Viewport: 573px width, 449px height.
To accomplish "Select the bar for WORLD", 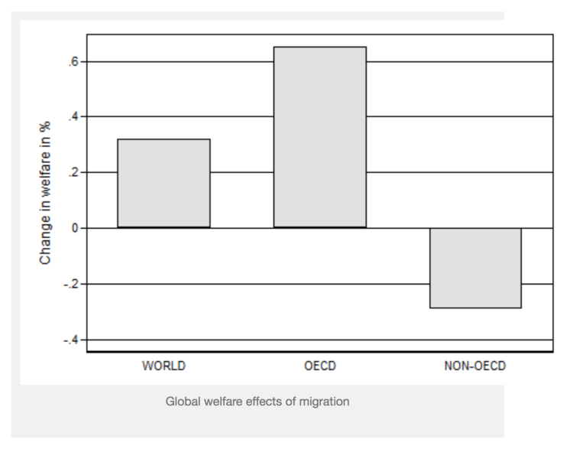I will tap(163, 184).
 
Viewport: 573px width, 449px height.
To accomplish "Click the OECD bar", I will tap(319, 138).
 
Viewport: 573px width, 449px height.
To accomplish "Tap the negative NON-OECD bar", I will tap(475, 268).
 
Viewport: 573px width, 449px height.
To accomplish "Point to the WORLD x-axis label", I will tap(163, 366).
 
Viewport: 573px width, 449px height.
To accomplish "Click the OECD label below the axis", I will tap(319, 366).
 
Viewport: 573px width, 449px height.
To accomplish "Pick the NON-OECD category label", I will tap(474, 366).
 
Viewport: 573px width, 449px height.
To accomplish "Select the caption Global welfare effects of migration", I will tap(263, 402).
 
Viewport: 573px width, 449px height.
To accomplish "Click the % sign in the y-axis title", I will tap(47, 139).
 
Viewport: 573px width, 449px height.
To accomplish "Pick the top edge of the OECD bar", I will tap(319, 47).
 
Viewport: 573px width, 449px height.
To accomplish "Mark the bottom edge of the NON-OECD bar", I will tap(475, 307).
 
